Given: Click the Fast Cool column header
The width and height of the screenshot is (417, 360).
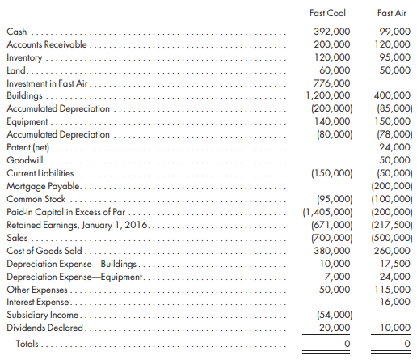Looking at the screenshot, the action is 327,13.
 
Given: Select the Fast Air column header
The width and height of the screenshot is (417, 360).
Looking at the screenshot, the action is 392,13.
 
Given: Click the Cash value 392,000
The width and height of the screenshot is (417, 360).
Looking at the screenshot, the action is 332,32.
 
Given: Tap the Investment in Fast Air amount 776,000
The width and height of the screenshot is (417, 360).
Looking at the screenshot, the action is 332,83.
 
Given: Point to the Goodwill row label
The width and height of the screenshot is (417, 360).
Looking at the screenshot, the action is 25,160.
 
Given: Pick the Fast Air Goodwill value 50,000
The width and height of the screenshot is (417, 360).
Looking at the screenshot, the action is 395,160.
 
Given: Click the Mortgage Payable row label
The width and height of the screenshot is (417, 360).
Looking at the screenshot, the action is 43,186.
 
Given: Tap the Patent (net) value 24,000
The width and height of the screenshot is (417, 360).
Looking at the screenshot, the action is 395,147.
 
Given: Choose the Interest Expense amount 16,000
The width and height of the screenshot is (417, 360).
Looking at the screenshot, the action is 395,302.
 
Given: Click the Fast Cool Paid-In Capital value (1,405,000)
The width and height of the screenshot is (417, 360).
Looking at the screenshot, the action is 327,212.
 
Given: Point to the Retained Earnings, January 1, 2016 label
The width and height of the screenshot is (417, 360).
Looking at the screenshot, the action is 78,225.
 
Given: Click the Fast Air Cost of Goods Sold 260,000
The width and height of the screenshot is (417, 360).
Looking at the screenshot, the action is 392,251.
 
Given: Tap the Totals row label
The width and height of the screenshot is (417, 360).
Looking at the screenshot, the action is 27,344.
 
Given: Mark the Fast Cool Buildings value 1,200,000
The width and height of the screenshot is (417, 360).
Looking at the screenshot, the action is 328,95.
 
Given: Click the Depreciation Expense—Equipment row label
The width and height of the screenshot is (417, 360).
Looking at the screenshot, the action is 74,277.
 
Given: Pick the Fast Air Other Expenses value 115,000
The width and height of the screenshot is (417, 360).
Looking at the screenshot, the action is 393,290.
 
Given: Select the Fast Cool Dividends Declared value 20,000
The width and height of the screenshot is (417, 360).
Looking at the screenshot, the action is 335,328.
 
